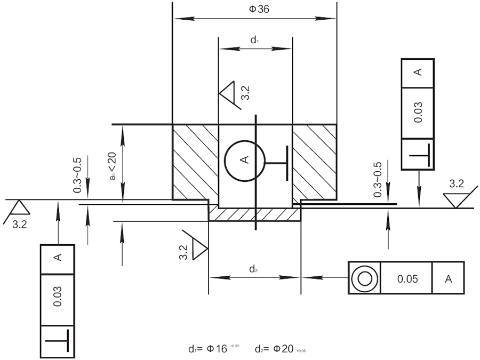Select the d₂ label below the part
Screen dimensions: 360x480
(x=254, y=269)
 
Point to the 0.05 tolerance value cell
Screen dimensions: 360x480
(x=406, y=278)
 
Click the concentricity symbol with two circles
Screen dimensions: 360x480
(x=365, y=278)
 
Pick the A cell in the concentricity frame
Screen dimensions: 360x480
(x=449, y=278)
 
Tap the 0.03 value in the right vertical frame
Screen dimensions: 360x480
(x=418, y=113)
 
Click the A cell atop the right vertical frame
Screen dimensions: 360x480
(x=418, y=73)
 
